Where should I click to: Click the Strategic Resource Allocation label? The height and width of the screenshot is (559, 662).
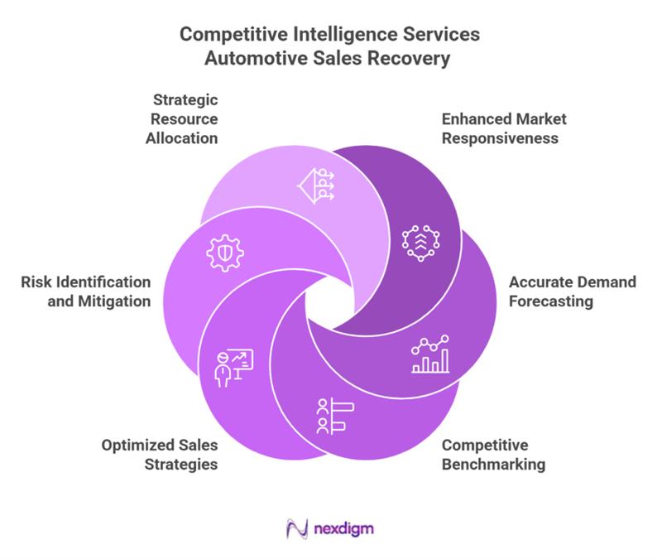(181, 119)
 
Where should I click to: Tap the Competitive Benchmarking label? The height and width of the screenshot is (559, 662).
(493, 455)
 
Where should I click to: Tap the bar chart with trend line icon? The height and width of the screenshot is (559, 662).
(429, 354)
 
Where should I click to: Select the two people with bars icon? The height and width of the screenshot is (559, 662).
(333, 416)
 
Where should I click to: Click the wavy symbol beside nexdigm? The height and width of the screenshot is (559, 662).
(295, 528)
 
